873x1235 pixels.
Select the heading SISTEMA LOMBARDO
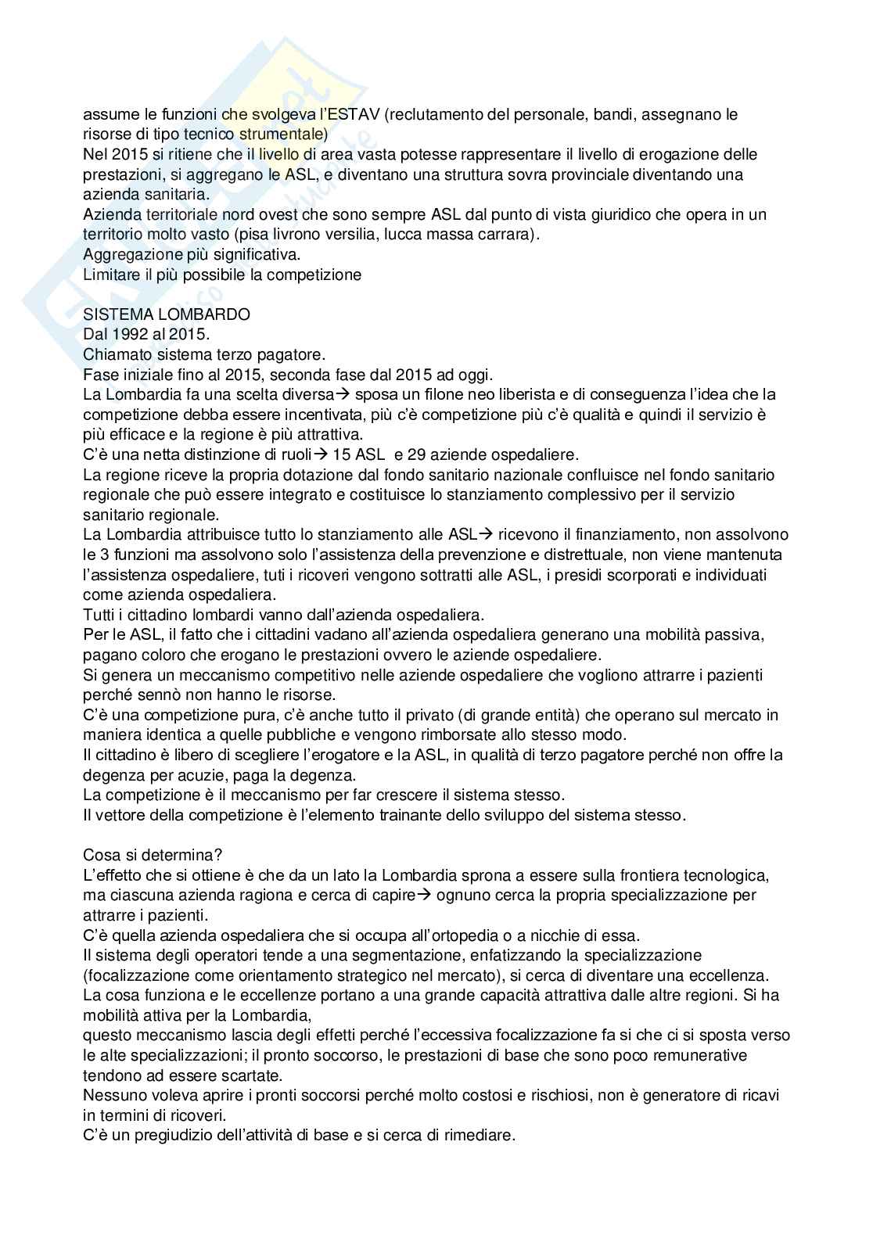[x=167, y=314]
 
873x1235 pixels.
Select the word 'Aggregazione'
[x=128, y=254]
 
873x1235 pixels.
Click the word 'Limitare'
[x=110, y=275]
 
